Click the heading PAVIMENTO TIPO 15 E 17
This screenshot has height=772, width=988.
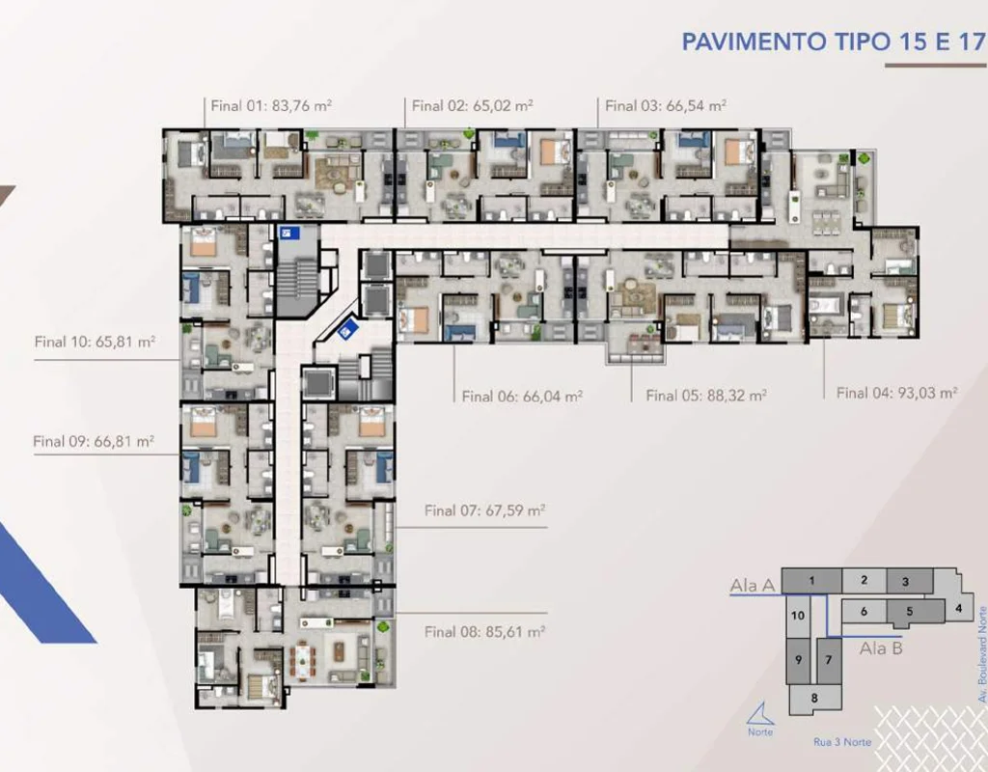834,41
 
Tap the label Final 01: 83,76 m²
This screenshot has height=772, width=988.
271,105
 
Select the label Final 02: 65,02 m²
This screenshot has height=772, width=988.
473,105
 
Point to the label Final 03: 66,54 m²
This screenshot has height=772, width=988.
666,105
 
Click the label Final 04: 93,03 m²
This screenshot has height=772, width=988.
897,393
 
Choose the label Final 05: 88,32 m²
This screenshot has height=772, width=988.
706,396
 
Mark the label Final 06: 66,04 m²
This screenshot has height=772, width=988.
522,397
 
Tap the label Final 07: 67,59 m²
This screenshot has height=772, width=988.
484,510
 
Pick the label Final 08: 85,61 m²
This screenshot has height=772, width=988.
484,631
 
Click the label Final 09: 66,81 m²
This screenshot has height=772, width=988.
94,441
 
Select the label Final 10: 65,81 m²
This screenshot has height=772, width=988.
96,342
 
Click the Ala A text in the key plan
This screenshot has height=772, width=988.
753,586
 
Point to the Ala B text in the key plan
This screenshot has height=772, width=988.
882,648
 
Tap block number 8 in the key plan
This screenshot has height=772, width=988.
814,699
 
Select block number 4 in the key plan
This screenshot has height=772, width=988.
959,609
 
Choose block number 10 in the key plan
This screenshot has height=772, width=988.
798,615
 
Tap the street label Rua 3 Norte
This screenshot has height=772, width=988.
842,742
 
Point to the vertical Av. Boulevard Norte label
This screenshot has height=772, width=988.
981,655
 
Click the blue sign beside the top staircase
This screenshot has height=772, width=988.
290,233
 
